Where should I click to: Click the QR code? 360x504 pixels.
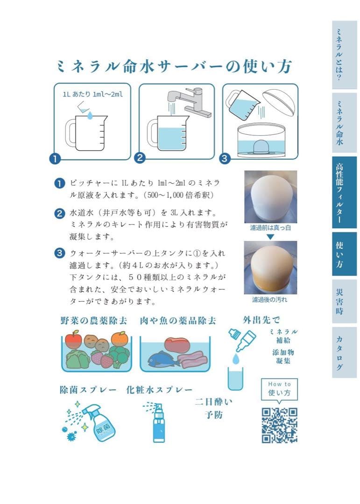[x=279, y=425]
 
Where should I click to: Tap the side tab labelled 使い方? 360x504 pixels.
[x=344, y=254]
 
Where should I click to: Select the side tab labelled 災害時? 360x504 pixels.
[x=344, y=301]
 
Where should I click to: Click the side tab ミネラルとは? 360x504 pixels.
[x=344, y=55]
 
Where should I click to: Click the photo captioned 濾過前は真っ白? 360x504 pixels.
[x=270, y=197]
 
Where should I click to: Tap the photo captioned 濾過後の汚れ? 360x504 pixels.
[x=270, y=267]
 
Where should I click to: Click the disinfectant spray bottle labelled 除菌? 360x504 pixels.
[x=100, y=422]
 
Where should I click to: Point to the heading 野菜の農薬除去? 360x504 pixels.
[x=93, y=321]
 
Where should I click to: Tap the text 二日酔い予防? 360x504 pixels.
[x=213, y=408]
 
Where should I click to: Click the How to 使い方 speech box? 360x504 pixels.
[x=279, y=389]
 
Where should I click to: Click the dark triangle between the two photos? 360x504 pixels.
[x=270, y=237]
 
